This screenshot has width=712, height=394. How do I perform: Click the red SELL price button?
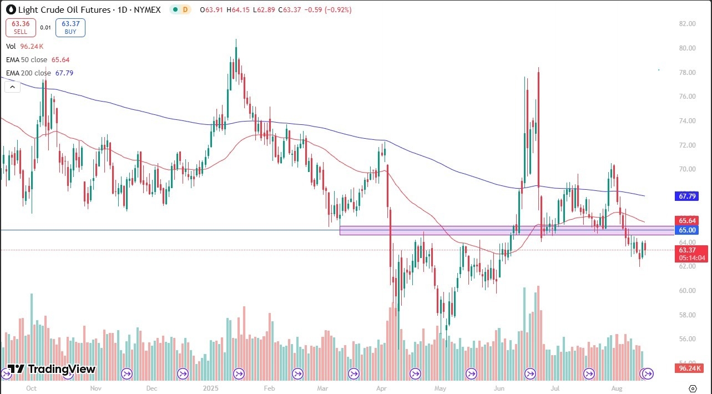coord(21,28)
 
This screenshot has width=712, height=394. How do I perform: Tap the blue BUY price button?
coord(70,28)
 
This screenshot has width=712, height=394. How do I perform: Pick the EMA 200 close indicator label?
coord(32,73)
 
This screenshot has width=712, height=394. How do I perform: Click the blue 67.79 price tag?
coord(687,196)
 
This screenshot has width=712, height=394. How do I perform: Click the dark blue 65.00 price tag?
coord(687,230)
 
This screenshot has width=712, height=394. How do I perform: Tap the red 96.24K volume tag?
coord(688,368)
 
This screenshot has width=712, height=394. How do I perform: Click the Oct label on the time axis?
coord(31,388)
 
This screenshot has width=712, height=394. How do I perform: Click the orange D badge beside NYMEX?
coord(185,9)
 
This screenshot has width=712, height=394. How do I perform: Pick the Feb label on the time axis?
coord(269,388)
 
